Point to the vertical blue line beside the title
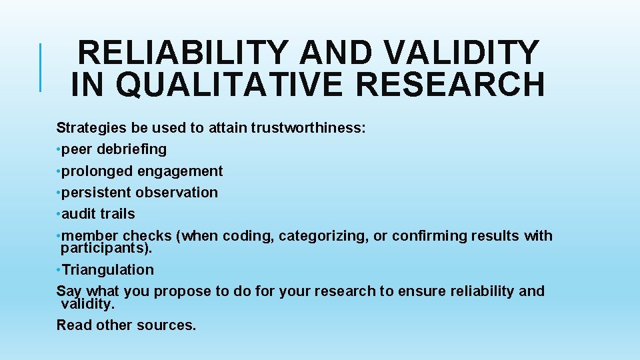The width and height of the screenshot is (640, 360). tap(41, 67)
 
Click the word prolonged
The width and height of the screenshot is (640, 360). tap(97, 171)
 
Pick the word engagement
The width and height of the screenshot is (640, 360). tap(180, 171)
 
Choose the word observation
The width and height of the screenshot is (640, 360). tap(177, 193)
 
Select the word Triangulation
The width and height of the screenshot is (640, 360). tap(107, 270)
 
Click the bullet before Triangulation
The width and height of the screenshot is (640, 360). tap(59, 270)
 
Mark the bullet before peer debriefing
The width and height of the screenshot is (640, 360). tap(59, 149)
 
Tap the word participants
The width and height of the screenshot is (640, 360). tap(105, 249)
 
